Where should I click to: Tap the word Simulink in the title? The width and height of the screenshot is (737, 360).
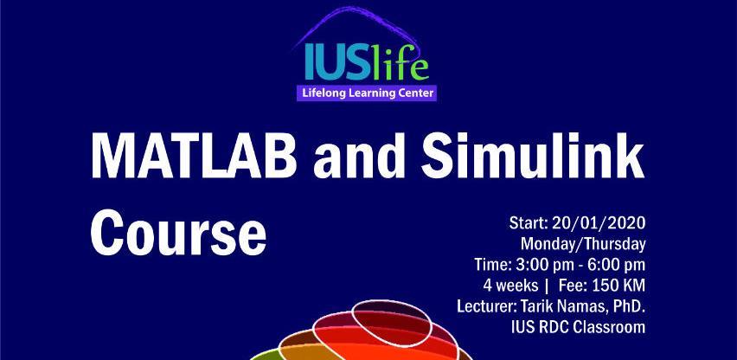pos(533,156)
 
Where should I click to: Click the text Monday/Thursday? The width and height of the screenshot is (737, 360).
pos(583,244)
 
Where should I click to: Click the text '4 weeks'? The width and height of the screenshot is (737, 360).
pos(511,286)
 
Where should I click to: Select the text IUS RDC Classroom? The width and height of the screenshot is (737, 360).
pos(578,326)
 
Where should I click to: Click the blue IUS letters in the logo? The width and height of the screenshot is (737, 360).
pos(333,63)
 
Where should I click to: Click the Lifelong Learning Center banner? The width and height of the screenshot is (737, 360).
pos(367,93)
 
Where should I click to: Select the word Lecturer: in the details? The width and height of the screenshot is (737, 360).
pos(486,306)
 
